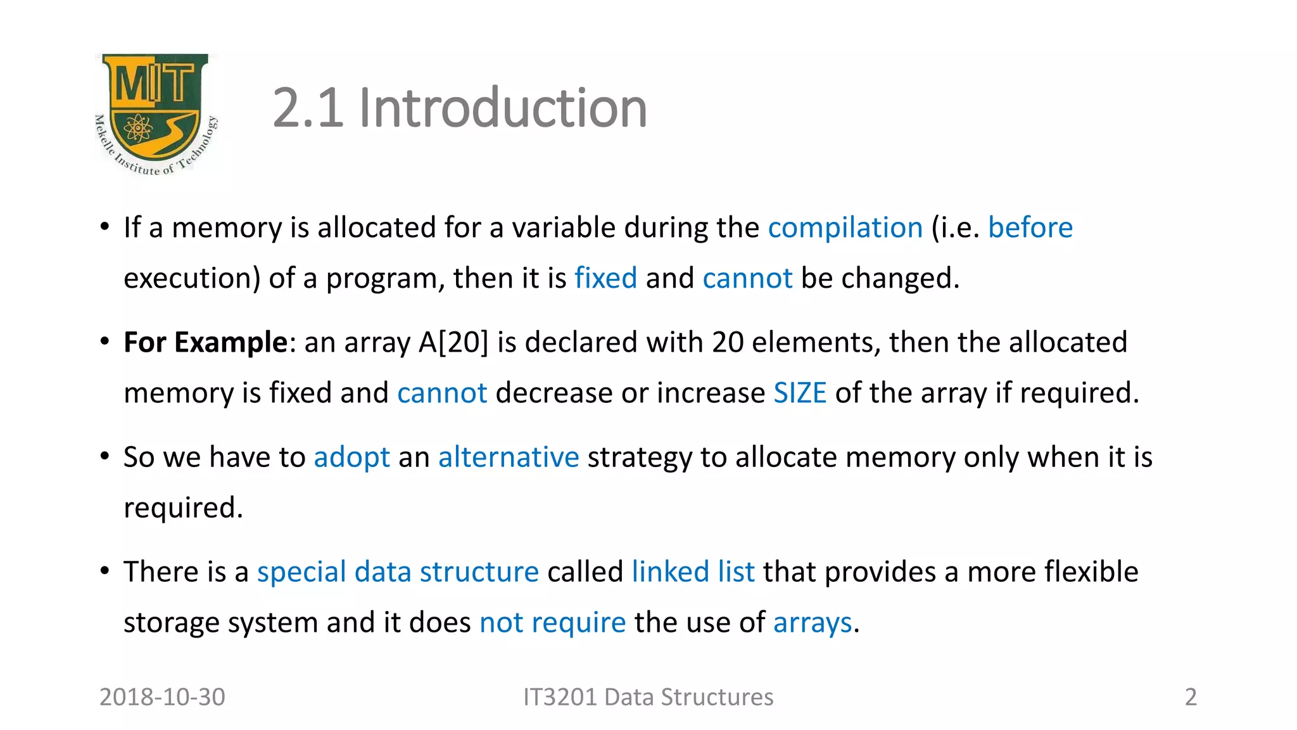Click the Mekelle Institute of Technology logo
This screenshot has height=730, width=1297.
point(156,114)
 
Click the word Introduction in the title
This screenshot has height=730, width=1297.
point(503,108)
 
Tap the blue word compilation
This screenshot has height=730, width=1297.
point(845,227)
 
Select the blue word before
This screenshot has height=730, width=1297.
point(1030,227)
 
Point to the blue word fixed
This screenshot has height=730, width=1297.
point(605,278)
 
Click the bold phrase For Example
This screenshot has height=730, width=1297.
point(206,342)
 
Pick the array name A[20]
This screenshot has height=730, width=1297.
point(453,342)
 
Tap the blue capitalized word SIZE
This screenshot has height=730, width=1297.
point(800,393)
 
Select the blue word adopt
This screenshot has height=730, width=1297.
point(351,457)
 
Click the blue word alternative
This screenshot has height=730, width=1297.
point(509,457)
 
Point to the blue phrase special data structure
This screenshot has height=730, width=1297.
point(398,572)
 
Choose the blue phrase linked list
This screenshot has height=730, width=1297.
point(693,572)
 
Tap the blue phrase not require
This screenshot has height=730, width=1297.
point(552,622)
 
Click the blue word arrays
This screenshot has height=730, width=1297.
point(813,622)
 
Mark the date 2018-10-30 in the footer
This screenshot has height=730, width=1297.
point(162,697)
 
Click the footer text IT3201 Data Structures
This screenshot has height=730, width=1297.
point(648,697)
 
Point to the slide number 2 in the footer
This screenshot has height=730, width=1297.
point(1191,697)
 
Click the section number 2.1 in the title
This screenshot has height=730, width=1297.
point(308,108)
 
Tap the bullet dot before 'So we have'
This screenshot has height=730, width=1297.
point(105,456)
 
